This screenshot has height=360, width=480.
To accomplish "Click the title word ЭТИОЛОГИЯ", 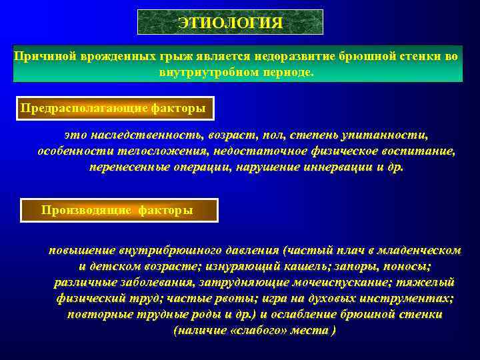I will click(x=230, y=23).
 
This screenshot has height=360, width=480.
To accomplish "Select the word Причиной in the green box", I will click(x=45, y=57).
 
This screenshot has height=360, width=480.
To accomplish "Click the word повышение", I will click(x=83, y=251).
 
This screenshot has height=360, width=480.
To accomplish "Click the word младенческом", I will click(x=418, y=251).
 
